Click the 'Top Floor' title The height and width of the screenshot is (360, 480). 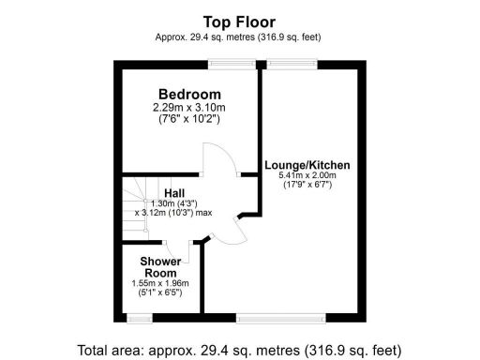[239, 21]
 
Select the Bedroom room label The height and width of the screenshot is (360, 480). [189, 95]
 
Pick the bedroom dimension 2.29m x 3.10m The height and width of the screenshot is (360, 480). [189, 108]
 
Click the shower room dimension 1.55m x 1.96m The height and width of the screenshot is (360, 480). [160, 283]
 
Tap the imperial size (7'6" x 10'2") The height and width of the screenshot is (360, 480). [189, 119]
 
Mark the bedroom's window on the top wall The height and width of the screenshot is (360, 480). [232, 65]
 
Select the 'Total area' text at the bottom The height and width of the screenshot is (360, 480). [239, 349]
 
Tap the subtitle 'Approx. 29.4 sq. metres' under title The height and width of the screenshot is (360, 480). [239, 37]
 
